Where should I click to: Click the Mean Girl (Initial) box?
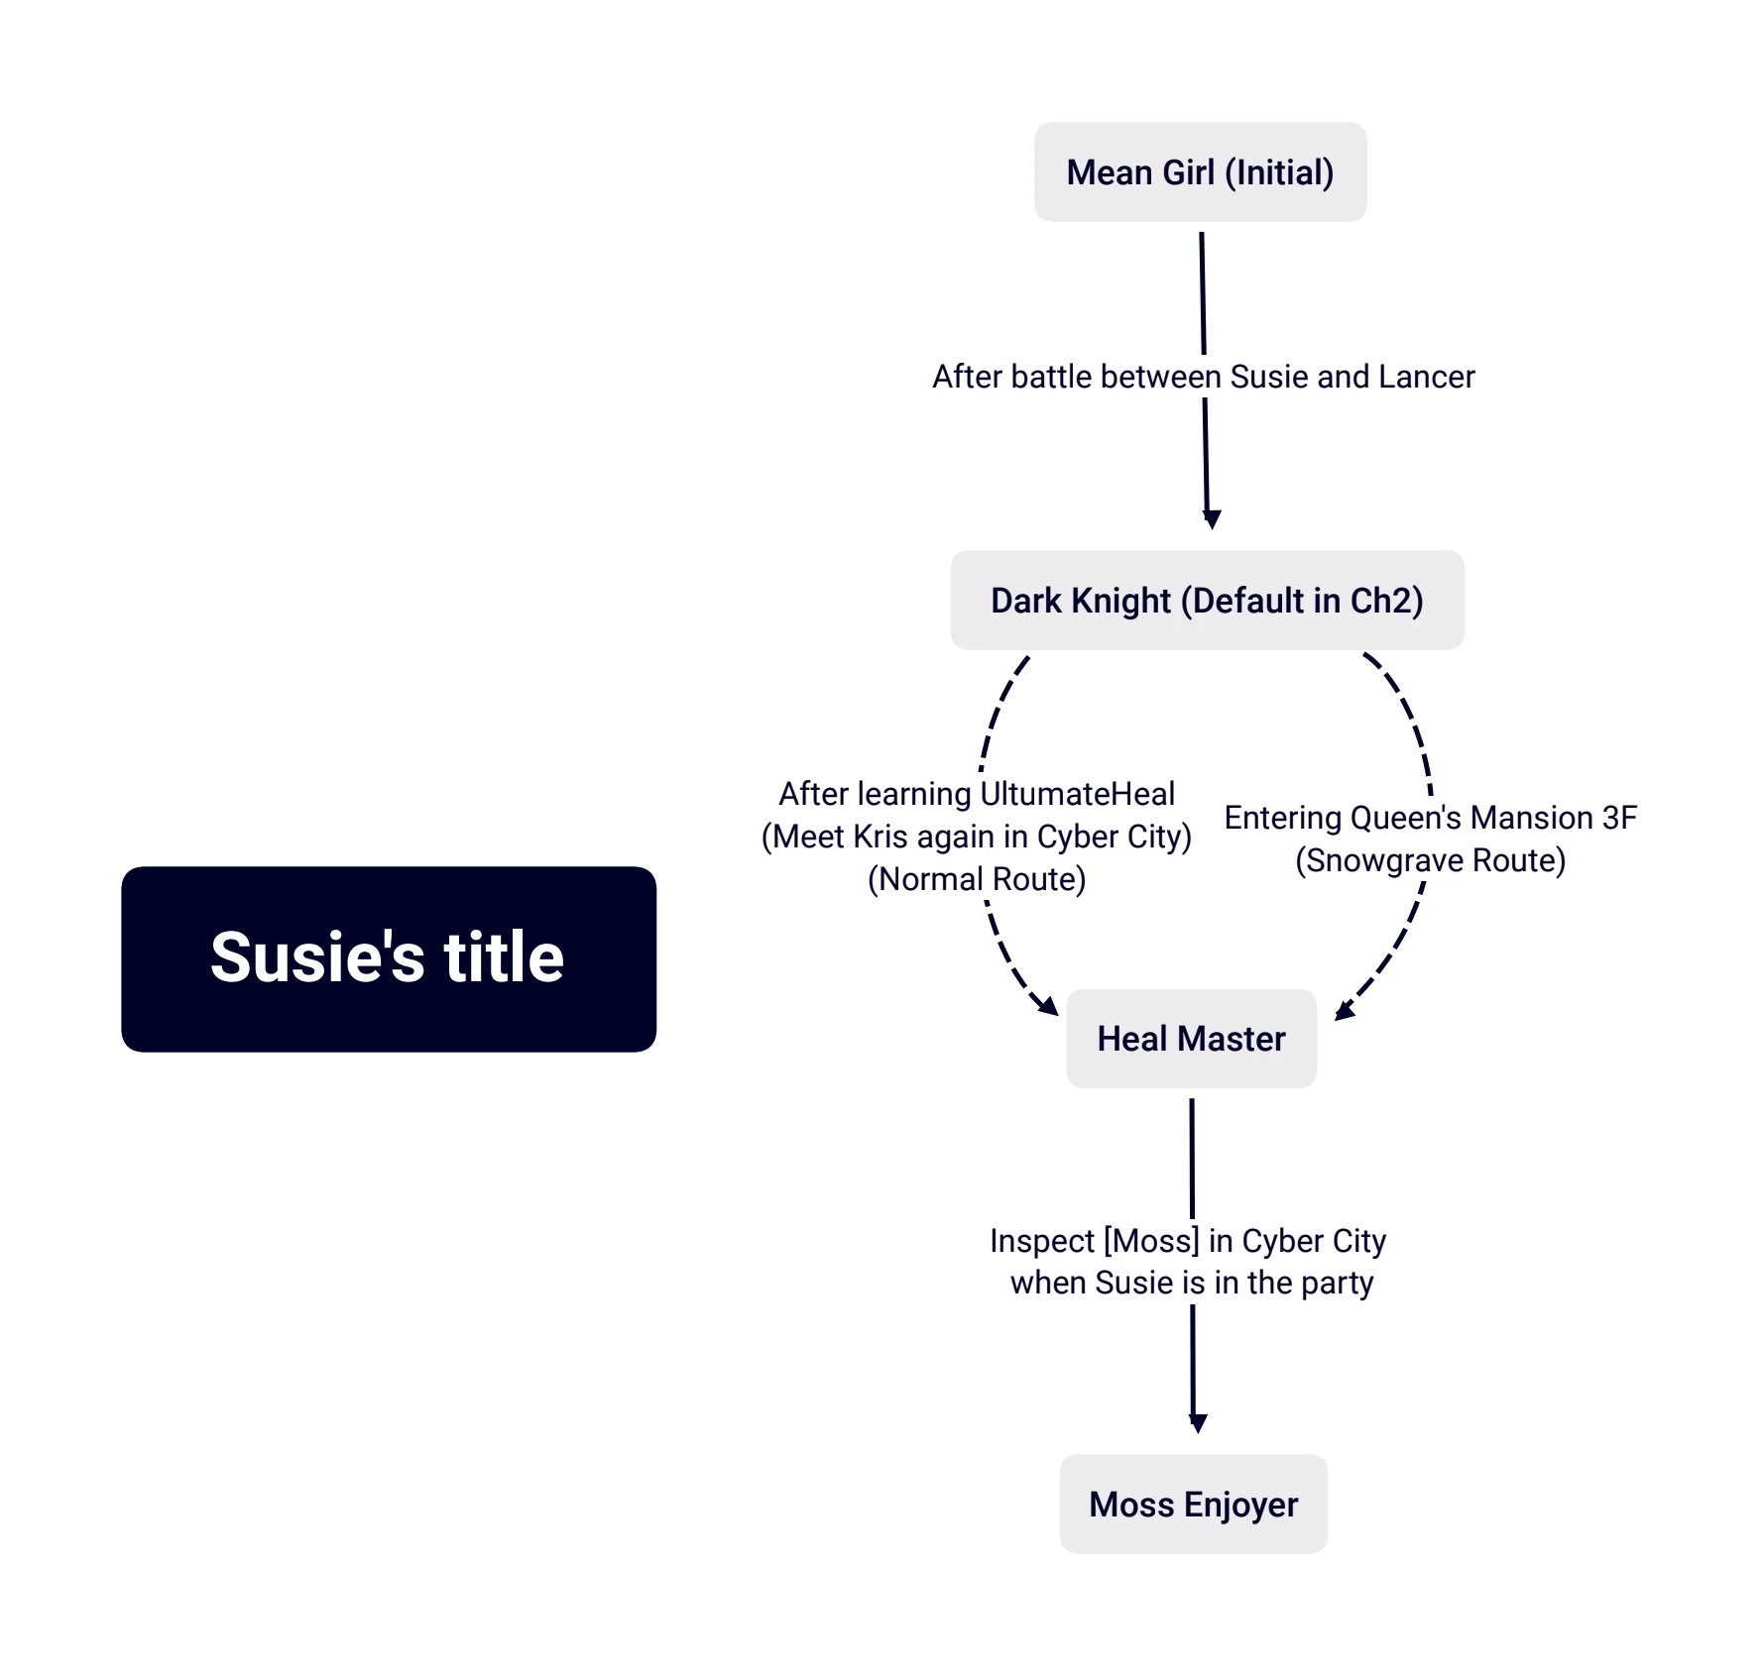pos(1200,172)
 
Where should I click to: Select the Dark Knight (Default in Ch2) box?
pos(1207,601)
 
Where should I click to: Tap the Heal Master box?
pos(1191,1039)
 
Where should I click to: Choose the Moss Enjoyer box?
pos(1193,1505)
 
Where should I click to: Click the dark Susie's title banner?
pos(389,959)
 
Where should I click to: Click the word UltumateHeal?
pos(1078,794)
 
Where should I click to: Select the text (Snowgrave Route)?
pos(1430,861)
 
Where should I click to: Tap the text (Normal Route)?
pos(977,880)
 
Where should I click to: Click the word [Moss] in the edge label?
pos(1151,1241)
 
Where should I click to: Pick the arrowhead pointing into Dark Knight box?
pos(1211,519)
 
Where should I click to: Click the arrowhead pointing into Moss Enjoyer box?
pos(1198,1423)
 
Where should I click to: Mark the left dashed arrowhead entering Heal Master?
pos(1049,1006)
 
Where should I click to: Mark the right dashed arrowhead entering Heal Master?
pos(1345,1010)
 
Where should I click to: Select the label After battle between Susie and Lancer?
pos(1204,377)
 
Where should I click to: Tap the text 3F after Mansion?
pos(1619,818)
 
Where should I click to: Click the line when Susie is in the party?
pos(1192,1284)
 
